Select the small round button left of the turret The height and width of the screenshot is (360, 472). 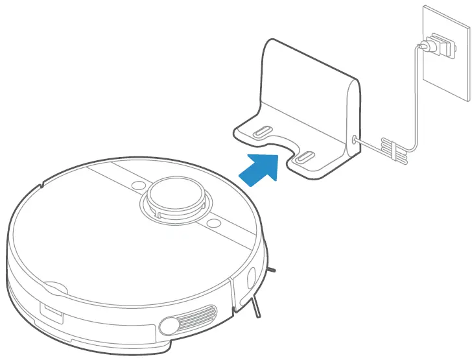137,185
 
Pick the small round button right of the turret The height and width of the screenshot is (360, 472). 211,222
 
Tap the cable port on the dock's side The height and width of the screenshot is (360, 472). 355,139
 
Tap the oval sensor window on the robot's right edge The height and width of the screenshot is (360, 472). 250,277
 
